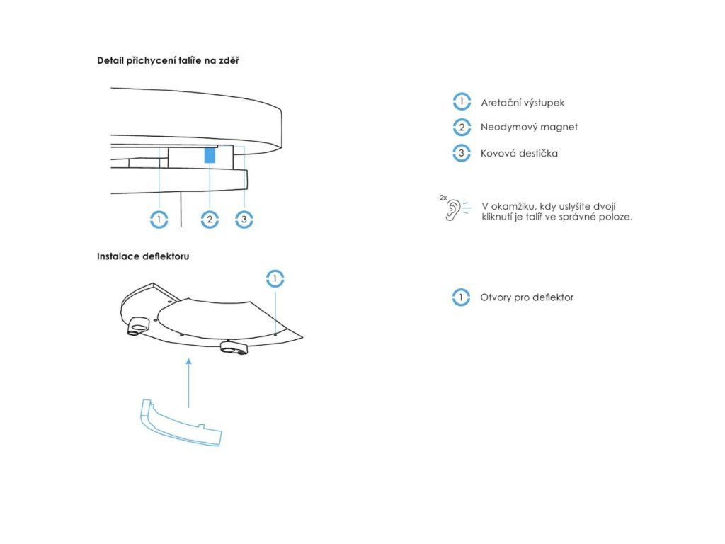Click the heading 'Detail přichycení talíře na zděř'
tap(168, 61)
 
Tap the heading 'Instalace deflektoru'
tap(143, 256)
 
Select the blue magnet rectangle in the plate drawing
tap(210, 155)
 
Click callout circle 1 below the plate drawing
tap(159, 220)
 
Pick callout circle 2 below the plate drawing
tap(210, 220)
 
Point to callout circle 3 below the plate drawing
tap(244, 220)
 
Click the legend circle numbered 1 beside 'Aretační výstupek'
tap(462, 102)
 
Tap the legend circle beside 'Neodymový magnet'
tap(462, 127)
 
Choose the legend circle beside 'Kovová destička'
tap(462, 153)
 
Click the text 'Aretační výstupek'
tap(523, 103)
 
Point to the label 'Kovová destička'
tap(519, 153)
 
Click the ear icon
tap(453, 210)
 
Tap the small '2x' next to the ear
tap(443, 198)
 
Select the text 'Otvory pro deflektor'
tap(527, 297)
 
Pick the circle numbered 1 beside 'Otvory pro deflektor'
tap(461, 297)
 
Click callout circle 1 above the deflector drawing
tap(275, 279)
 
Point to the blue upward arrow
tap(188, 383)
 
